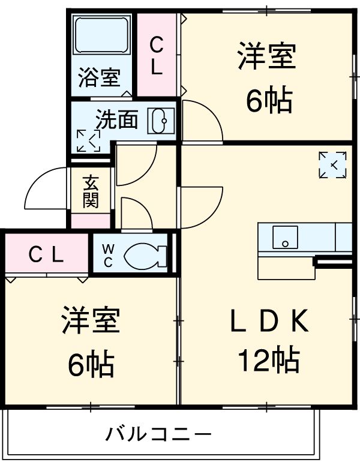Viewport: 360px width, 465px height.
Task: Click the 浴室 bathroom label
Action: (100, 78)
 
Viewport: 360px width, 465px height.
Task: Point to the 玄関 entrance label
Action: (91, 191)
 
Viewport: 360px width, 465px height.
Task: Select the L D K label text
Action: (268, 323)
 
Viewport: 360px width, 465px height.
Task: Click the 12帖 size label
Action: (268, 360)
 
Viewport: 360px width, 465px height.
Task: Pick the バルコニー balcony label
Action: (159, 433)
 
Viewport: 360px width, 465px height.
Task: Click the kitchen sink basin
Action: (284, 236)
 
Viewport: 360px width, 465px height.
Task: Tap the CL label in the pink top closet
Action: (157, 55)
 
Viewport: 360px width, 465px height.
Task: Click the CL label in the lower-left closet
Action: (46, 256)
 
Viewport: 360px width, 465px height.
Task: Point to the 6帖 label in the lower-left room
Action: (91, 362)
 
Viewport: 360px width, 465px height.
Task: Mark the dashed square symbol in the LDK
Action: (332, 164)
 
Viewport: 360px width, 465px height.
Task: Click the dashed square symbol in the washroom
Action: (88, 140)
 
